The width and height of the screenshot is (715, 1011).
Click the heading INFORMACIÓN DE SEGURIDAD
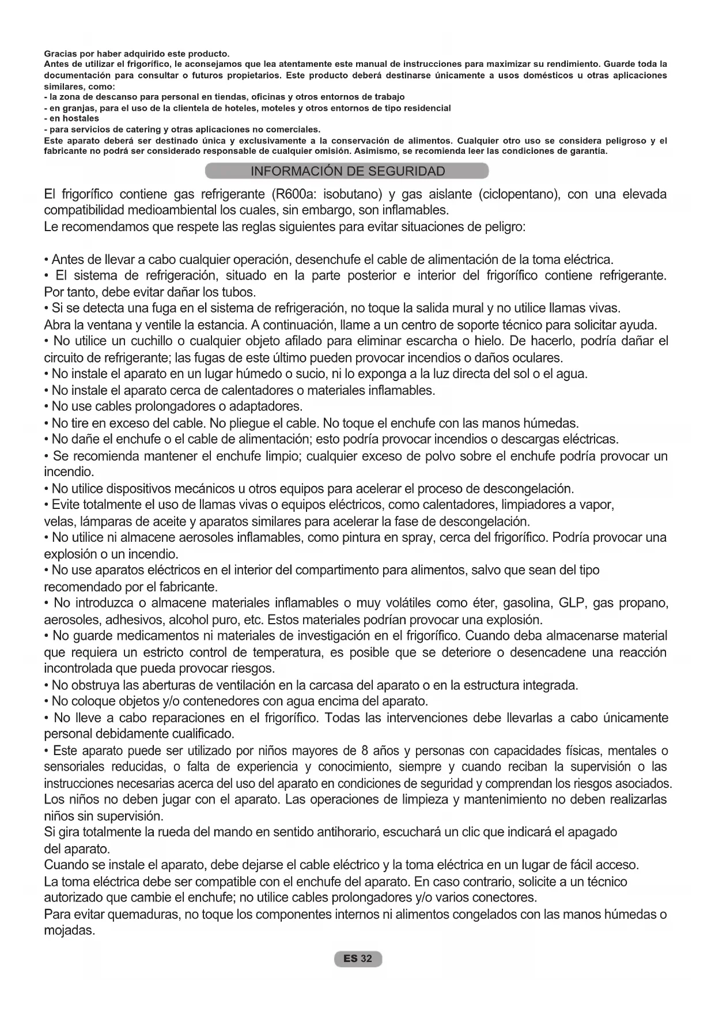pyautogui.click(x=347, y=171)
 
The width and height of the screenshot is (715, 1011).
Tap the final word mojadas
pyautogui.click(x=69, y=931)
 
